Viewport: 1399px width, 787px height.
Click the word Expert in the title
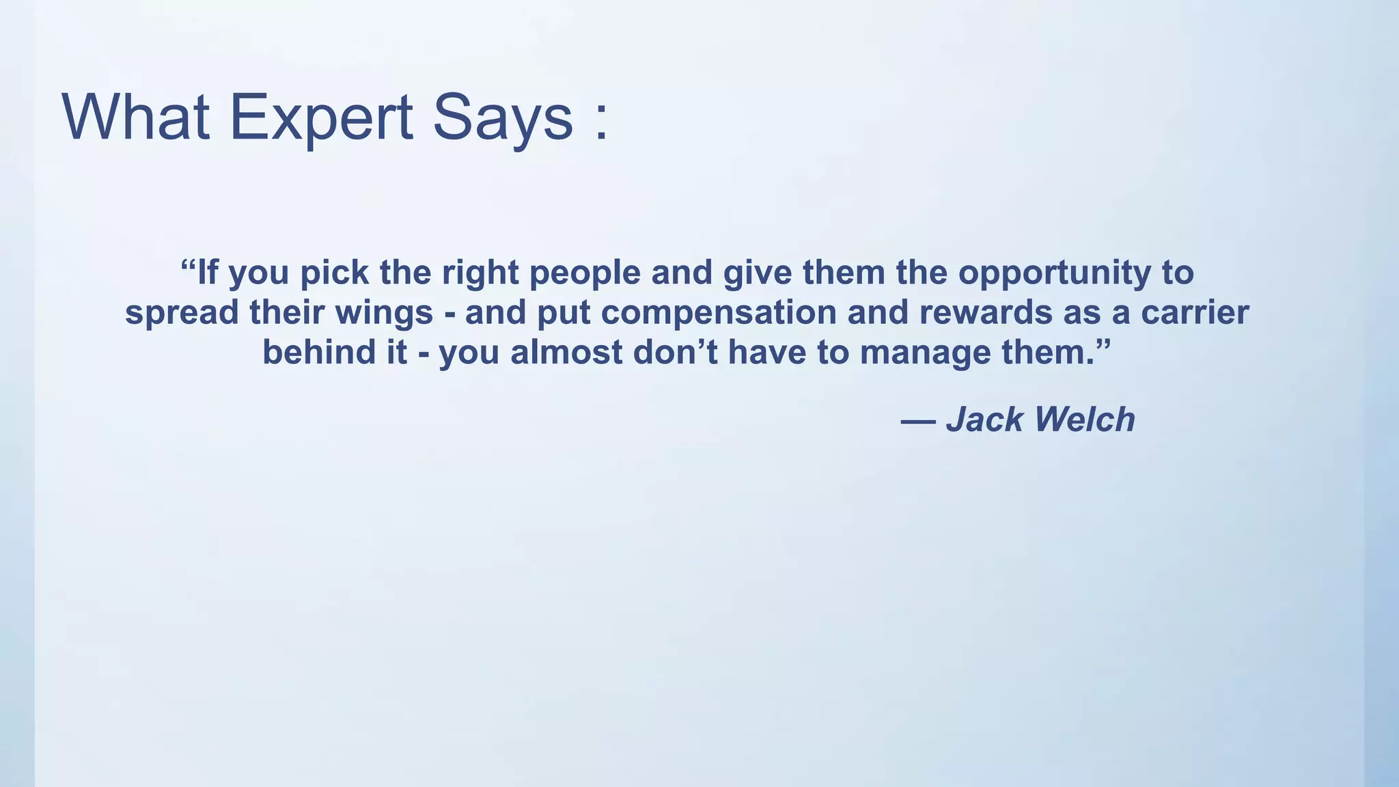point(321,118)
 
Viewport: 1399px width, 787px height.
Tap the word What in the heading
point(135,118)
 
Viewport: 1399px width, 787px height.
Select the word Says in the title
point(503,118)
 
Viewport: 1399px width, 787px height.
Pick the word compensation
point(719,313)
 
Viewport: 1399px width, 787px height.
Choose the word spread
point(182,313)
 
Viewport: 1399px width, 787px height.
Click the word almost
point(566,352)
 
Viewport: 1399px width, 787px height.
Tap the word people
point(585,273)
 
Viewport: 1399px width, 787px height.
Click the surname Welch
point(1085,419)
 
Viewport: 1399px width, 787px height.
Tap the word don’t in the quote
point(675,352)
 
